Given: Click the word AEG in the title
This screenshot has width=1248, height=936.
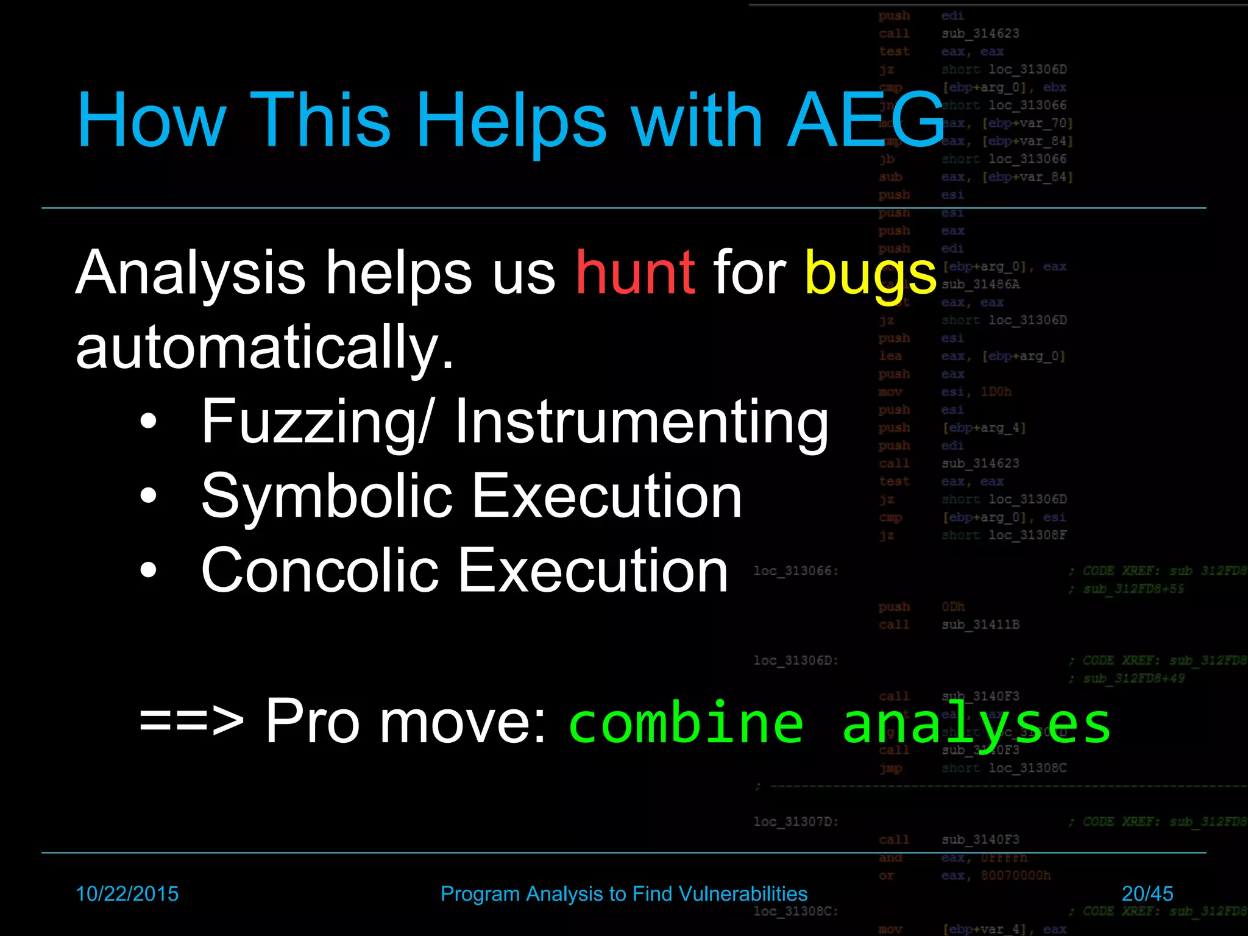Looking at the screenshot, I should [x=865, y=120].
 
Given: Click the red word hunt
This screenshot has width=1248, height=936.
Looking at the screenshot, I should [x=634, y=272].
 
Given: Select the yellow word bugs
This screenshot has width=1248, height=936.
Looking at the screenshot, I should [x=870, y=274].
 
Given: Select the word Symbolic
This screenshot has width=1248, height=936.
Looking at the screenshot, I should [x=327, y=496].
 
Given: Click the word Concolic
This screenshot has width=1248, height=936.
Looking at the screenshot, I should [x=319, y=570].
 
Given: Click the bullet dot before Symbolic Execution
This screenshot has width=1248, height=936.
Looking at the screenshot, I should [x=148, y=496].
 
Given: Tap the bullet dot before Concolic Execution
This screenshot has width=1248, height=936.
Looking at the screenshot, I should [x=148, y=571].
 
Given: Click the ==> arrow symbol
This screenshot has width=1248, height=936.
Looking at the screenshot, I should [x=191, y=721].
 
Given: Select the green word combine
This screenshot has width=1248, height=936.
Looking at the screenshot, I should [x=686, y=723].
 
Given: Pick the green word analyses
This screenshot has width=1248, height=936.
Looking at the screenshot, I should [x=976, y=724].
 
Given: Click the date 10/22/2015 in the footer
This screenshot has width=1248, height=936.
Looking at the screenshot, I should [x=127, y=894].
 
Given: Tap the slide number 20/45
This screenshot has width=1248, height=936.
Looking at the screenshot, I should [x=1147, y=894].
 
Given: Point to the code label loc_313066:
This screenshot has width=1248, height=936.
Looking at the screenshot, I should [x=796, y=571].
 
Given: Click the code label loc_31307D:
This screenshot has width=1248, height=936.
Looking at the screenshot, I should [x=796, y=821].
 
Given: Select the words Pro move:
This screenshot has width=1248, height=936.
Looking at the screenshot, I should [x=405, y=721].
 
